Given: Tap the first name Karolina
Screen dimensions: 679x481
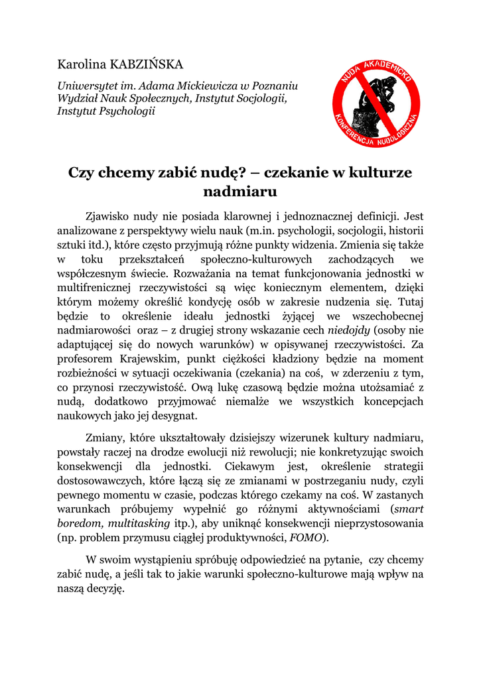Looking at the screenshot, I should pyautogui.click(x=81, y=65).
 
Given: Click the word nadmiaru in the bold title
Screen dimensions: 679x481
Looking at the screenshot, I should pyautogui.click(x=240, y=192).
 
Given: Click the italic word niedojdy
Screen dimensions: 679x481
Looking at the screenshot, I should pyautogui.click(x=350, y=330).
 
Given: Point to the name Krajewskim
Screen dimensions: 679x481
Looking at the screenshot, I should pyautogui.click(x=151, y=359).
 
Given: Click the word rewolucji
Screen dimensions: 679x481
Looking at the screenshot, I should pyautogui.click(x=289, y=452).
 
